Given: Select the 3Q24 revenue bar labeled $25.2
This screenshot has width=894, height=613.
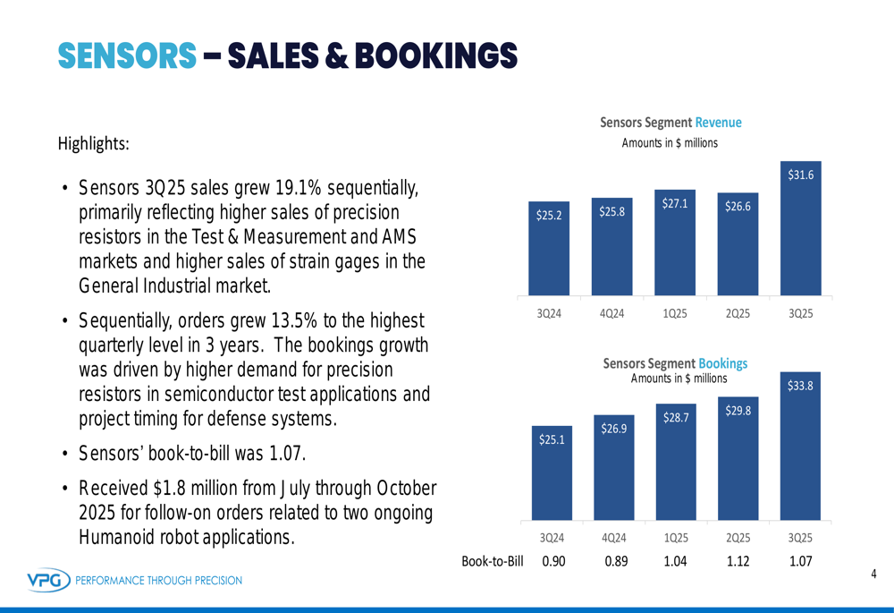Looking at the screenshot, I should pyautogui.click(x=549, y=255).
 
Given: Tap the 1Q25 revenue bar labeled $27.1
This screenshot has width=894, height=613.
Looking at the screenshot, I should pyautogui.click(x=675, y=246).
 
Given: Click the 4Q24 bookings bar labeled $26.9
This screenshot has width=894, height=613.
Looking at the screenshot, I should pyautogui.click(x=613, y=470).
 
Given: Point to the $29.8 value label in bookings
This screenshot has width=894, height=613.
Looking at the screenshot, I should pyautogui.click(x=738, y=411).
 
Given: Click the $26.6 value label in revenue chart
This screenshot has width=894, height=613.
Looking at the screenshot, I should pyautogui.click(x=738, y=207).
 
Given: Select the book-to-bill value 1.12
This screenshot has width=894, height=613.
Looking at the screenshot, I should pyautogui.click(x=738, y=561).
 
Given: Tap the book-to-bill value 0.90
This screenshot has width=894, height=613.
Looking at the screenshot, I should pyautogui.click(x=554, y=561).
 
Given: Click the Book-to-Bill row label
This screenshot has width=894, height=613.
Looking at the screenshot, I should pyautogui.click(x=492, y=561).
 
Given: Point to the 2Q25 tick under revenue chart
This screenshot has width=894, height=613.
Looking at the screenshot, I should pyautogui.click(x=738, y=313).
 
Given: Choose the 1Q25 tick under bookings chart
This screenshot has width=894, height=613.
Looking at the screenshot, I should pyautogui.click(x=676, y=537).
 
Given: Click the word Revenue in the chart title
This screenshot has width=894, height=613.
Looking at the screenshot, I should pyautogui.click(x=718, y=123).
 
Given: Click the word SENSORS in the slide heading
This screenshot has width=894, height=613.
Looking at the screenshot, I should pyautogui.click(x=127, y=55).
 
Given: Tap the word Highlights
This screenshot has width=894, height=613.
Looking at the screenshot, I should pyautogui.click(x=93, y=143).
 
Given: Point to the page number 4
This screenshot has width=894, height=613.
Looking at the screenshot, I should pyautogui.click(x=873, y=574).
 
